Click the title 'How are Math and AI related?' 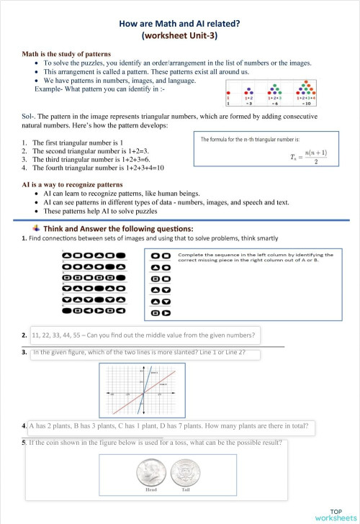[x=179, y=22]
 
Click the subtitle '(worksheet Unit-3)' [x=179, y=34]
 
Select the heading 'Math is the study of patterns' [x=66, y=54]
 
